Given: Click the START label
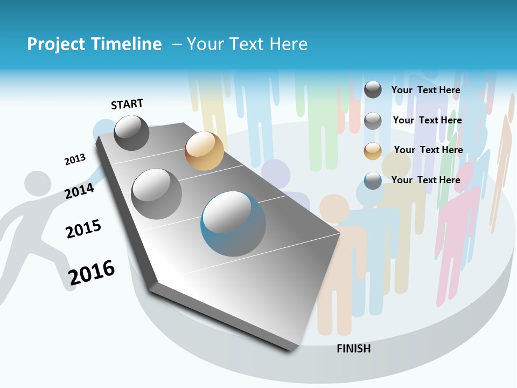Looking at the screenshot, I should (127, 104).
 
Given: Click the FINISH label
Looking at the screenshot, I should (354, 349).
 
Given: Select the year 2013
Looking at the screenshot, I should (75, 160).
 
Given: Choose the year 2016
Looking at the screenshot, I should (92, 272).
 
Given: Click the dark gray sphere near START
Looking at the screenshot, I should (132, 133).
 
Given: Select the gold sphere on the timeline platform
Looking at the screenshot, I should (204, 151).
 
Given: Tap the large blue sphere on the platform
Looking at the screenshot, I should (233, 224).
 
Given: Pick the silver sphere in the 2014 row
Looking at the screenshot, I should (157, 193).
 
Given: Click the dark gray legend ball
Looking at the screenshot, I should (373, 89).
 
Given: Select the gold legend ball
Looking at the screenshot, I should (373, 151).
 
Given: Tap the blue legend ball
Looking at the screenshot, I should (373, 181).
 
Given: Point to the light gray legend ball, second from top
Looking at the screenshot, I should (373, 121).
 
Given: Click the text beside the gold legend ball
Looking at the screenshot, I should (428, 150).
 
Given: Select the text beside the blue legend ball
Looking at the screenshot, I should (425, 180).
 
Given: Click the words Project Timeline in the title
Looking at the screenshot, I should (94, 44).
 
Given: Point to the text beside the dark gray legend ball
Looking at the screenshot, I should (425, 90).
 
